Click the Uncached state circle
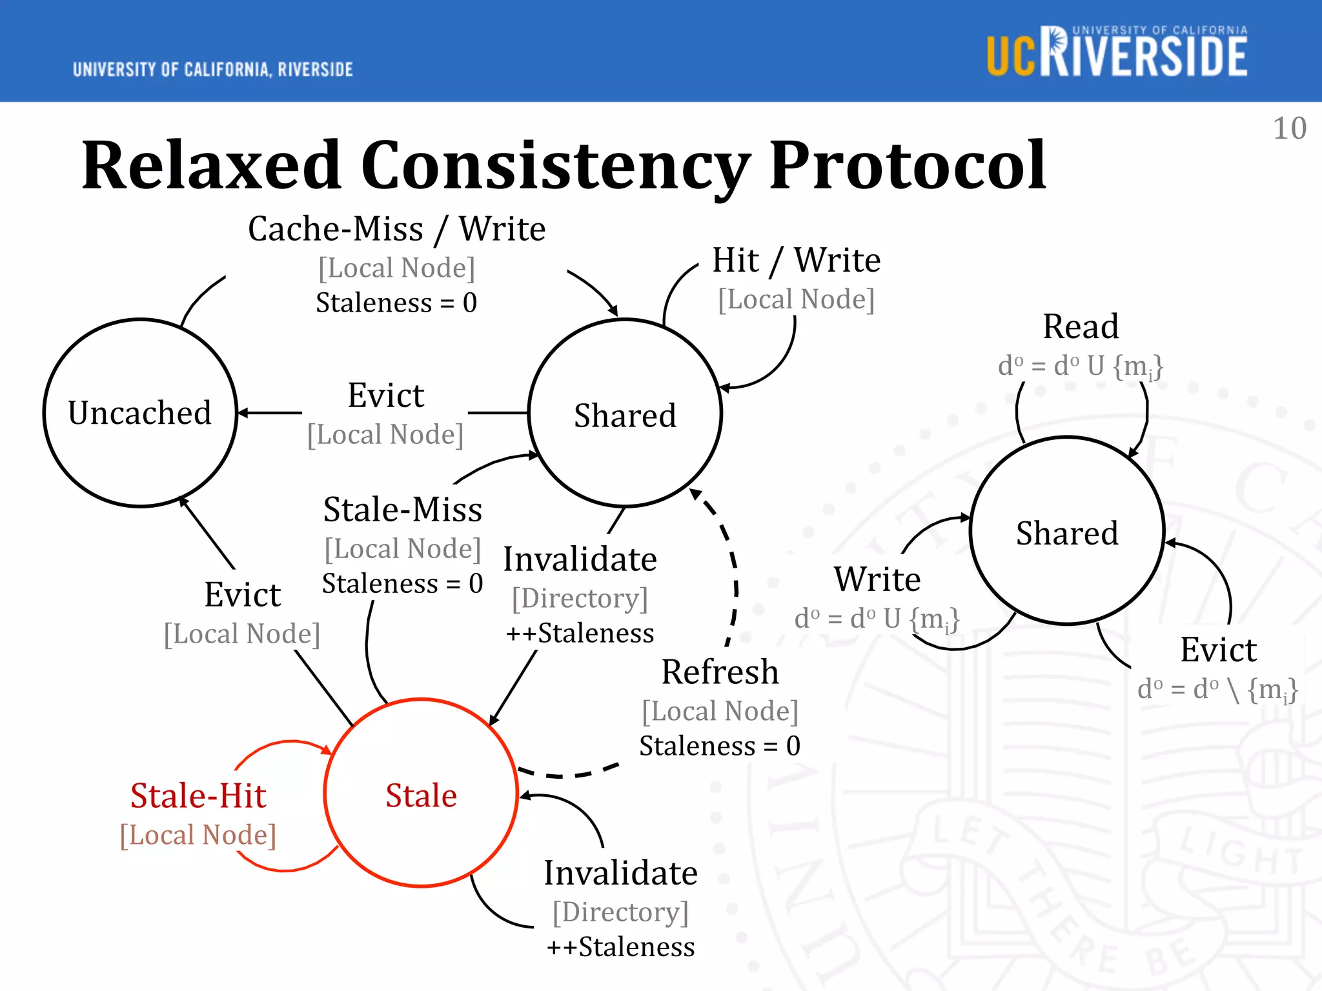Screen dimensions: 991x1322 point(140,413)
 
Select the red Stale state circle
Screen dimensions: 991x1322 point(421,794)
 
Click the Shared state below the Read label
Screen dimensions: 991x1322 point(1067,532)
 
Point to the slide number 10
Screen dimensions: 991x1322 point(1289,128)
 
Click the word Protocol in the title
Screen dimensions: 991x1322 point(907,166)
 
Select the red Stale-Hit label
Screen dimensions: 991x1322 point(198,796)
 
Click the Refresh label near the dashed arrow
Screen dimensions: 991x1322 point(720,672)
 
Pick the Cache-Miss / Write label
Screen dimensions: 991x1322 point(396,229)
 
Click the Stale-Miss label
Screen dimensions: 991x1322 point(402,510)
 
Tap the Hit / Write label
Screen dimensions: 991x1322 point(796,261)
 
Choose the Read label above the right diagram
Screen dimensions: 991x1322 point(1081,326)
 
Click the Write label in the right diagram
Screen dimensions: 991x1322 point(877,579)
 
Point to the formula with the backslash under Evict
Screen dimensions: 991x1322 point(1217,690)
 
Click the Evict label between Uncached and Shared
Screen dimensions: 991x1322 point(385,395)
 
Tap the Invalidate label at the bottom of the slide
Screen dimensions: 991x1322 point(620,873)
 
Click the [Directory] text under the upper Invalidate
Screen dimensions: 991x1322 point(579,598)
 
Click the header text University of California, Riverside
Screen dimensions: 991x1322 point(213,70)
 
